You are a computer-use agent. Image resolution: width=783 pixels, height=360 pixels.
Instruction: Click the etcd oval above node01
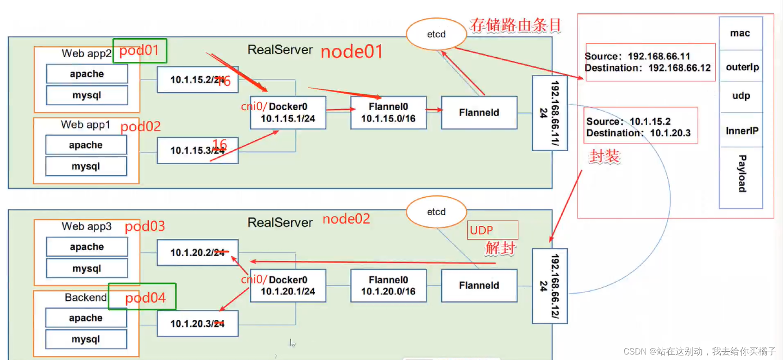click(436, 34)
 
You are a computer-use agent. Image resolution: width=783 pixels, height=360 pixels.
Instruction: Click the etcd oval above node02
click(436, 212)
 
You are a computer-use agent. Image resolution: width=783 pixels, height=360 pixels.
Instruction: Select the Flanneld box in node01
click(479, 112)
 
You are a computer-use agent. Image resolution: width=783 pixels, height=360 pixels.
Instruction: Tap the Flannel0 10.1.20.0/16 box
click(388, 286)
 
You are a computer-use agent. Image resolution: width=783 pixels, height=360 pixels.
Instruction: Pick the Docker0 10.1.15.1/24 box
click(288, 112)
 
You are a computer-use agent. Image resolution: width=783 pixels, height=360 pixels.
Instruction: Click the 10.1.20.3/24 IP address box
click(197, 324)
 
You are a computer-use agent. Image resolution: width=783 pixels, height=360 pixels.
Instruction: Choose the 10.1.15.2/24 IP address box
click(197, 80)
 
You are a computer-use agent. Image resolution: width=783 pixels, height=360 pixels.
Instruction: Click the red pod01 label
click(139, 50)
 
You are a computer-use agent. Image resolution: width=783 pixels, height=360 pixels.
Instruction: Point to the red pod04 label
click(145, 298)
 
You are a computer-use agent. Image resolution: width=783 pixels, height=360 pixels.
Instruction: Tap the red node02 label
click(346, 219)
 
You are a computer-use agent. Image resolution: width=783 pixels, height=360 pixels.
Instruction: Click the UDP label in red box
click(482, 230)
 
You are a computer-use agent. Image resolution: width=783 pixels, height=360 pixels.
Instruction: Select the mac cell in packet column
click(740, 33)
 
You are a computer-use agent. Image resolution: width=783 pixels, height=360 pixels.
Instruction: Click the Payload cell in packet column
click(742, 174)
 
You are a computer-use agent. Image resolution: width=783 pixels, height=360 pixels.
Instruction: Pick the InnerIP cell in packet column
click(742, 131)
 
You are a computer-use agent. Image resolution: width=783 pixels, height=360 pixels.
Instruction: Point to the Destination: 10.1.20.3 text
click(638, 133)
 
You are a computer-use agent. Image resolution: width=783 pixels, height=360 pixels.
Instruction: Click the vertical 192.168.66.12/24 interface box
click(549, 286)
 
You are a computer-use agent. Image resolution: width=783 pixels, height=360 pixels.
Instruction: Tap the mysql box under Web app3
click(87, 268)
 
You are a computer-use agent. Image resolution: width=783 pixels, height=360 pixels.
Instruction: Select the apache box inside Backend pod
click(86, 318)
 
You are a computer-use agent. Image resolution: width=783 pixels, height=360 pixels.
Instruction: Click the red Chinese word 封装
click(604, 157)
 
